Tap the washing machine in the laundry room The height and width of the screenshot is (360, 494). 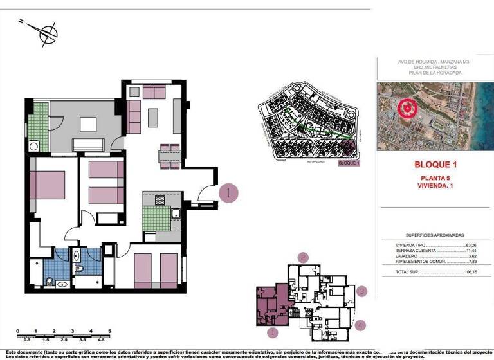tap(33, 146)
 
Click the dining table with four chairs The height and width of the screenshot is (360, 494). tap(170, 155)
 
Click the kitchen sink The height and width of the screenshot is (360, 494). tap(176, 213)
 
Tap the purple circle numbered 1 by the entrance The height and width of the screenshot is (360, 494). tap(229, 192)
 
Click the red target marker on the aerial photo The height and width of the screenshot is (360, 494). tap(407, 109)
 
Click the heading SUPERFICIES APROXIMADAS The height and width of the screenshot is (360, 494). tap(435, 235)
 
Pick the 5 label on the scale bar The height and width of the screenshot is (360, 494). tap(110, 331)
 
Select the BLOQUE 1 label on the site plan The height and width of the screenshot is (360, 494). tap(348, 163)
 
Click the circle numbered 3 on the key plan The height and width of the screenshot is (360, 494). tap(361, 291)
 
